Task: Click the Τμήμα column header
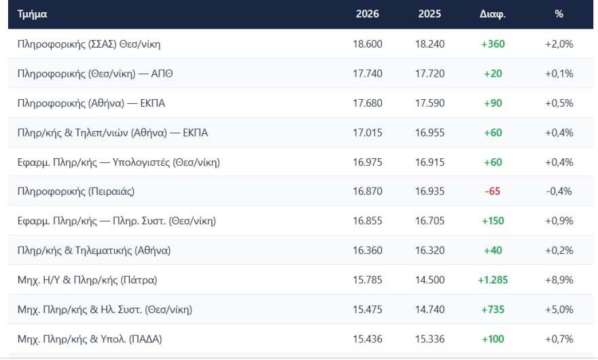[x=32, y=14]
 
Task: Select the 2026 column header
[x=367, y=14]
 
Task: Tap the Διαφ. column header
[x=493, y=14]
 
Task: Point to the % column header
[x=559, y=14]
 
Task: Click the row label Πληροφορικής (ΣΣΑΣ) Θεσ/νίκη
[x=89, y=44]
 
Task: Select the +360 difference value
[x=493, y=44]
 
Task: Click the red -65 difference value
[x=493, y=191]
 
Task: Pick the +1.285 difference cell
[x=493, y=280]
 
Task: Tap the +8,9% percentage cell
[x=559, y=280]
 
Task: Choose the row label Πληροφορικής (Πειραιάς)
[x=76, y=191]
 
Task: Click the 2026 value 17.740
[x=367, y=73]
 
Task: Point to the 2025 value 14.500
[x=429, y=280]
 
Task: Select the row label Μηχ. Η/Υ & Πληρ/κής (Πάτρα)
[x=87, y=280]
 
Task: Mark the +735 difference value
[x=493, y=309]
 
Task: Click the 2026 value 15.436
[x=367, y=339]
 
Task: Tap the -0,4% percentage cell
[x=559, y=191]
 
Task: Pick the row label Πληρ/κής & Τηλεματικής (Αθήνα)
[x=94, y=251]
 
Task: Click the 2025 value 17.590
[x=429, y=103]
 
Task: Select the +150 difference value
[x=493, y=221]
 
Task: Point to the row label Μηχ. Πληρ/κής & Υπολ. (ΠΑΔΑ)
[x=90, y=339]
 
